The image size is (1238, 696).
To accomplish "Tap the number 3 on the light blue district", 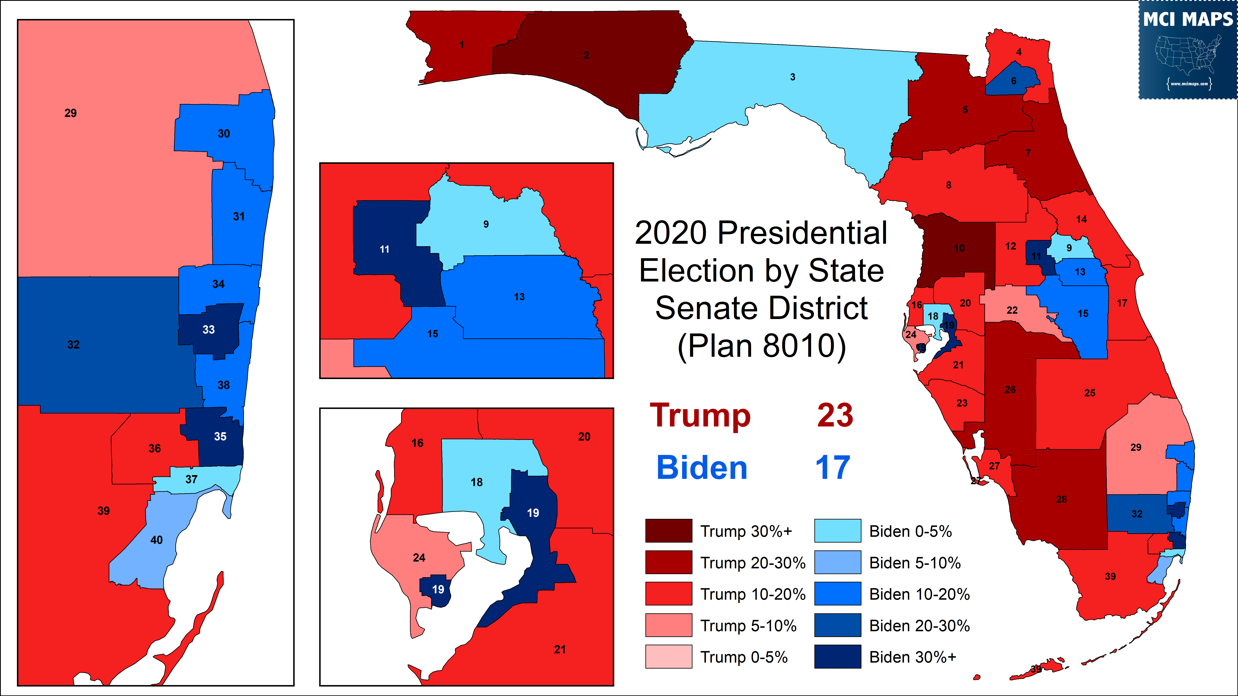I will tap(793, 77).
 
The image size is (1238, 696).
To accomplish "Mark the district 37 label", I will tap(191, 479).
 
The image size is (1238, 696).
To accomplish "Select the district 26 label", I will tap(1010, 390).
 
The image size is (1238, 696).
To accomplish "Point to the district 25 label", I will tap(1089, 393).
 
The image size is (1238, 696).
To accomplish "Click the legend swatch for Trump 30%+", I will tap(669, 531).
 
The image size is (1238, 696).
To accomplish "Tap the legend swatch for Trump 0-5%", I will tap(669, 657).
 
